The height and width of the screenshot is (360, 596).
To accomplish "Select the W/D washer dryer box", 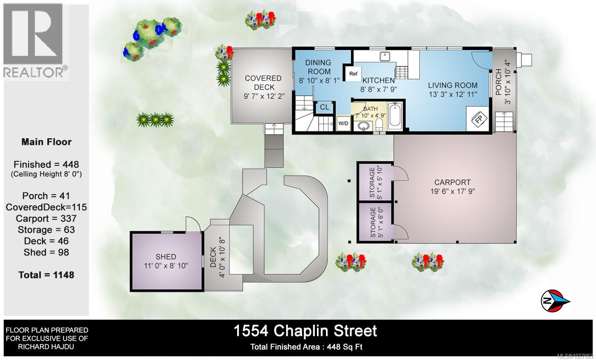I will pyautogui.click(x=343, y=123).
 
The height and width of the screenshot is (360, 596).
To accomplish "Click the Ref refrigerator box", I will pyautogui.click(x=353, y=74).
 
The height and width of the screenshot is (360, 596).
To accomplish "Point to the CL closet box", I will pyautogui.click(x=324, y=107).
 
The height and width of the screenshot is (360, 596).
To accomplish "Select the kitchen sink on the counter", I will pyautogui.click(x=386, y=56).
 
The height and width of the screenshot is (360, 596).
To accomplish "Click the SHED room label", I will pyautogui.click(x=166, y=257).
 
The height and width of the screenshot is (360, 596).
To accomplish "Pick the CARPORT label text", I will pyautogui.click(x=452, y=182).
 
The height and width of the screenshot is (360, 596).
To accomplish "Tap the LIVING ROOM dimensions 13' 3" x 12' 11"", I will pyautogui.click(x=453, y=94).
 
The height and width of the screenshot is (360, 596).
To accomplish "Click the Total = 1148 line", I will pyautogui.click(x=46, y=275).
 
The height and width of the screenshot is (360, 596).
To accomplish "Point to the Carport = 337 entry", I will pyautogui.click(x=46, y=218).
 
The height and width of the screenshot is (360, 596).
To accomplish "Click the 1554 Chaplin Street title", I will pyautogui.click(x=305, y=331).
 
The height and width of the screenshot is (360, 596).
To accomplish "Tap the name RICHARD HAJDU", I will pyautogui.click(x=46, y=347).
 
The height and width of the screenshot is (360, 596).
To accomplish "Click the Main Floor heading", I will pyautogui.click(x=46, y=142).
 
